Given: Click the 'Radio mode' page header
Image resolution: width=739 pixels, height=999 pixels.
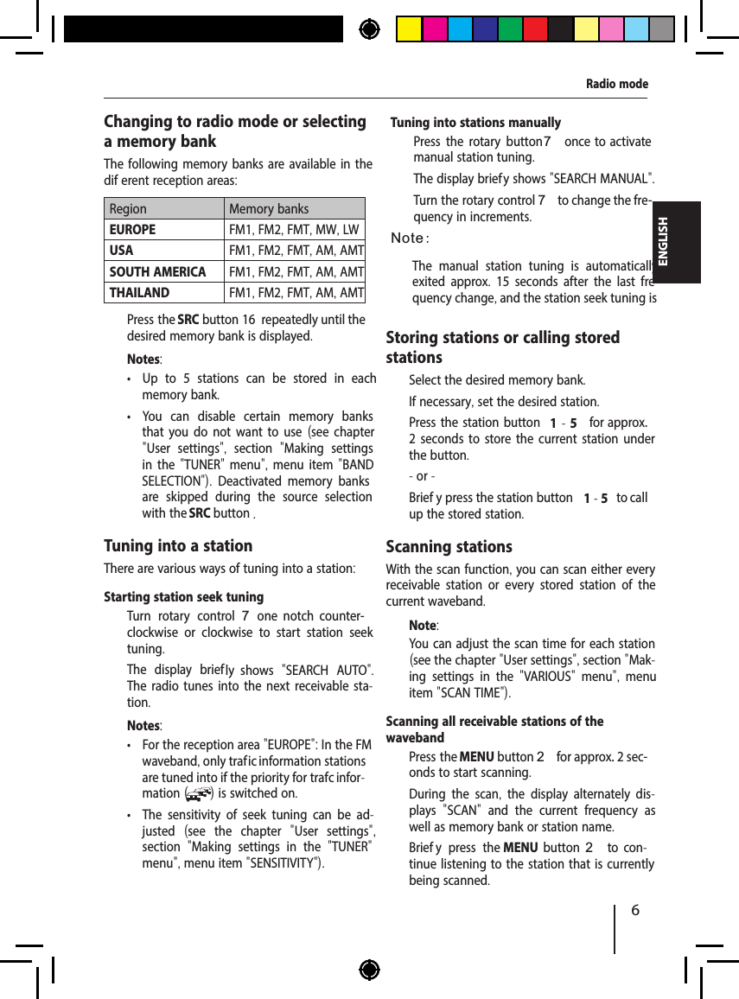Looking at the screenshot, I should click(x=616, y=84).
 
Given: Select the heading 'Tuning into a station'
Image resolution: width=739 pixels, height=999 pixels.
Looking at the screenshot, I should click(x=178, y=545).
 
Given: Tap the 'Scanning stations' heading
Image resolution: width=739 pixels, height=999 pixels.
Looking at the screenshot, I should click(x=449, y=546).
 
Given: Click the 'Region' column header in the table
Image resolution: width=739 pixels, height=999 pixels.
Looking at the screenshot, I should click(x=128, y=208).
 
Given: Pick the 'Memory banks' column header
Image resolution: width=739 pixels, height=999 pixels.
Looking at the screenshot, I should click(x=268, y=208).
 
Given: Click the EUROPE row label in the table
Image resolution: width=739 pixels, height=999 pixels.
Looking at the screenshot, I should click(x=132, y=230).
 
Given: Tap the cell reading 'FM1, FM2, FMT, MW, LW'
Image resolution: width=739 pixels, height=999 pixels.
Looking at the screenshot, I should click(x=294, y=230).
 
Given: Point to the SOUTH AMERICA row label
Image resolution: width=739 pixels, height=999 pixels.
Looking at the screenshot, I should click(x=157, y=271).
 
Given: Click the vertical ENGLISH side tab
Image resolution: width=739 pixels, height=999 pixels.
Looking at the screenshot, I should click(x=664, y=242).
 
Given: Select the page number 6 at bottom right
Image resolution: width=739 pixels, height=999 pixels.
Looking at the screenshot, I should click(x=635, y=911).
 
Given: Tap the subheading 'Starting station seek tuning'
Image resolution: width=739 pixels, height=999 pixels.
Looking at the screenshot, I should click(x=183, y=597).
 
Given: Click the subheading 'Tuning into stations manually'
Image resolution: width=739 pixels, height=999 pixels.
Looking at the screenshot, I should click(x=475, y=123).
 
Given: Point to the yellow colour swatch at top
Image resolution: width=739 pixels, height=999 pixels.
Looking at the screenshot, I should click(x=409, y=29).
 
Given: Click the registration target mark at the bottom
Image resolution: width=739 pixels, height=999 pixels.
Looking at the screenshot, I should click(x=369, y=970).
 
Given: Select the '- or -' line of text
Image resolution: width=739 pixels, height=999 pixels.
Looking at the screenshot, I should click(x=422, y=476).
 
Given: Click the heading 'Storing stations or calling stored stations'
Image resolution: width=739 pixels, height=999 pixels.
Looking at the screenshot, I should click(x=502, y=347).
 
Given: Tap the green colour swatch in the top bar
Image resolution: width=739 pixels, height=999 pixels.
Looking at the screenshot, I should click(x=510, y=29).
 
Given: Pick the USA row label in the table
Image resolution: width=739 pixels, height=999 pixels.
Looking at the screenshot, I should click(x=121, y=251).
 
